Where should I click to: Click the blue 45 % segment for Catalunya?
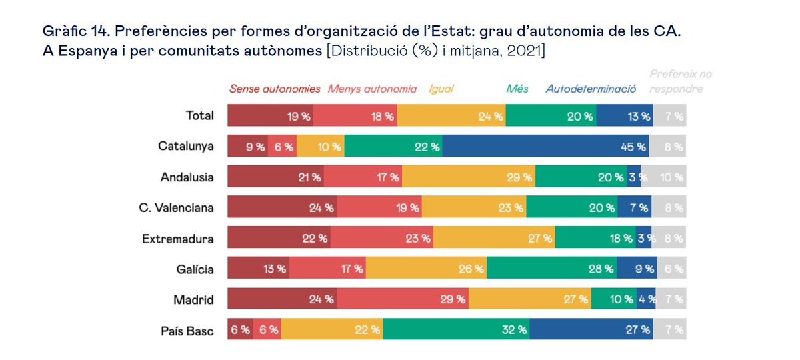(x=545, y=147)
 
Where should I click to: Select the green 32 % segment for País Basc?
(x=457, y=329)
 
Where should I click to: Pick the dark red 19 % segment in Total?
(x=271, y=116)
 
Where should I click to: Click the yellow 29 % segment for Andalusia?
(x=469, y=177)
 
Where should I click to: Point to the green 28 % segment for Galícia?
(x=552, y=269)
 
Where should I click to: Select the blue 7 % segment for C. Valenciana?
(x=635, y=207)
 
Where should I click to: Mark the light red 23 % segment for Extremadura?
(x=382, y=238)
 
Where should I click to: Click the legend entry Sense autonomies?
(x=275, y=89)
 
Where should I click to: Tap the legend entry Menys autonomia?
(x=373, y=89)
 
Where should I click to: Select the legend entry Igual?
(x=441, y=89)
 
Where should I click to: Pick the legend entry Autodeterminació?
(x=591, y=89)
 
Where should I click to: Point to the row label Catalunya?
(x=186, y=146)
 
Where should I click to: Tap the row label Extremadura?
(x=178, y=238)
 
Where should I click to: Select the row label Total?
(x=199, y=115)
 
